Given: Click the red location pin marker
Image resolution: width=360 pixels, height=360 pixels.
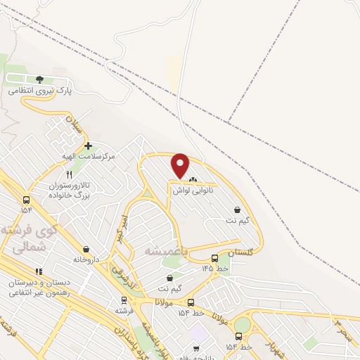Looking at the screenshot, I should [181, 166].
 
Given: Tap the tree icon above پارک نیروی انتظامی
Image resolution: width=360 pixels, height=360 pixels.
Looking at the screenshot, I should [39, 80].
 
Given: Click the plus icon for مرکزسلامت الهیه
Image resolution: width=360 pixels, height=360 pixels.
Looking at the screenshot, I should [88, 146].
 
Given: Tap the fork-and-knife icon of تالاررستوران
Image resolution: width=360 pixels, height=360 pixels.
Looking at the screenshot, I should [69, 174].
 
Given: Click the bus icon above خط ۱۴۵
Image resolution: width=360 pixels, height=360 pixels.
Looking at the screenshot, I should [214, 258].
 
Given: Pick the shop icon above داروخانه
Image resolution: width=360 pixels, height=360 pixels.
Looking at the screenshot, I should [86, 249].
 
